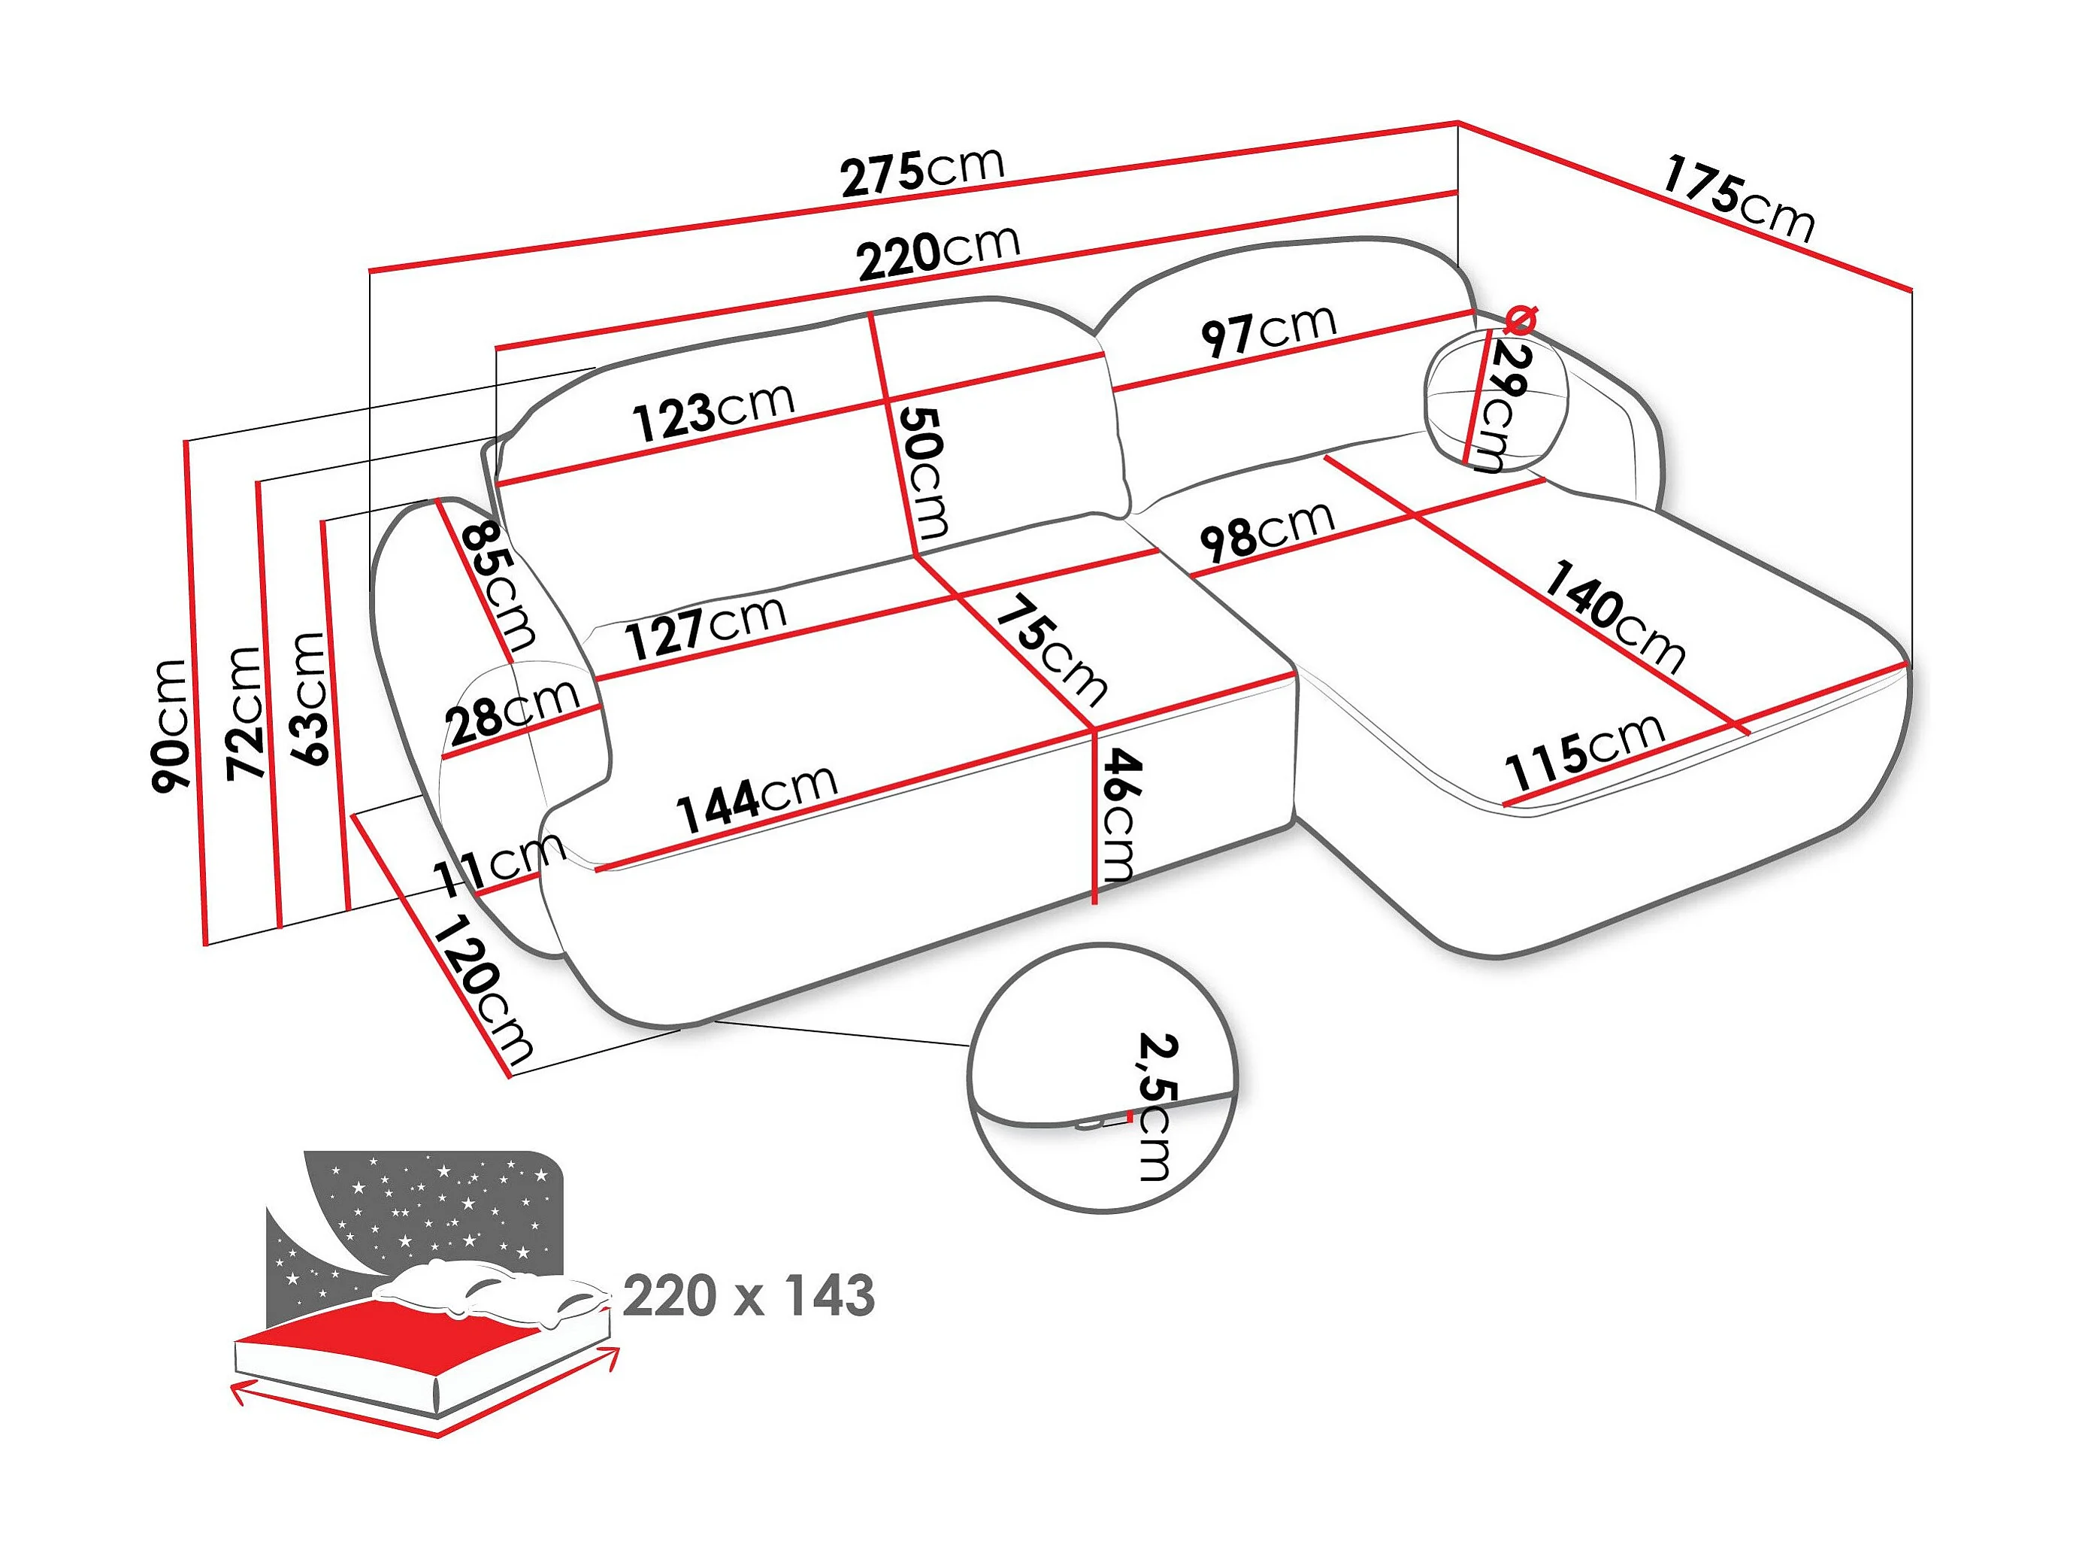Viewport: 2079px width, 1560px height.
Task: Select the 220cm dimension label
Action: coord(938,252)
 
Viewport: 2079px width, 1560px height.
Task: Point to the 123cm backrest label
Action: coord(714,412)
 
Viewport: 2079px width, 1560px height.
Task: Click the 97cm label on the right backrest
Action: coord(1269,331)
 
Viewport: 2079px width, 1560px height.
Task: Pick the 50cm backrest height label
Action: coord(924,471)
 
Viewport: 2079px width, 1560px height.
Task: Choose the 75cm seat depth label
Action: coord(1052,651)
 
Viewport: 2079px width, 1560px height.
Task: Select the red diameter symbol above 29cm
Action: coord(1520,320)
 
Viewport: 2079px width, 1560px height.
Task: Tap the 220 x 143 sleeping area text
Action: coord(749,1296)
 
